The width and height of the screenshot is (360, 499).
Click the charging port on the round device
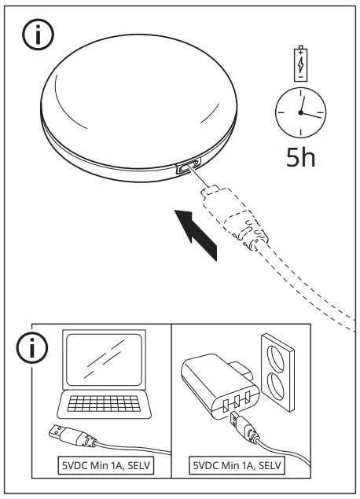pyautogui.click(x=186, y=167)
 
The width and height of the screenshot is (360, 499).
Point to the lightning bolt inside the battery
pyautogui.click(x=301, y=66)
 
